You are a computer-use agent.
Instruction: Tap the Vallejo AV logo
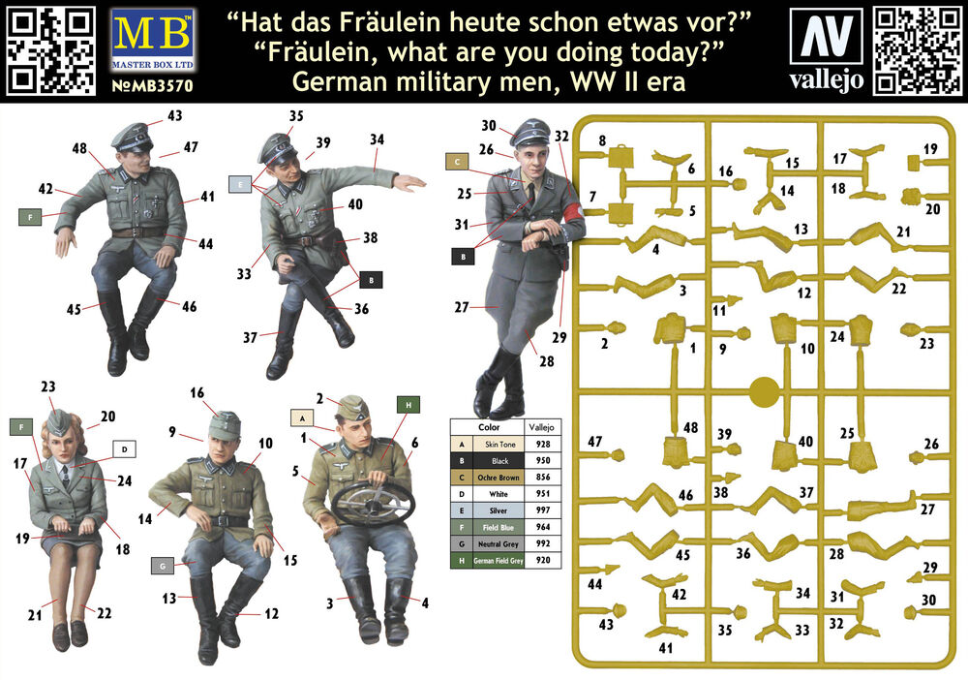(826, 37)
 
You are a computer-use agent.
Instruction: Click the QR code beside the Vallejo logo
(917, 51)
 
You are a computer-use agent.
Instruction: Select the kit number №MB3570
(153, 85)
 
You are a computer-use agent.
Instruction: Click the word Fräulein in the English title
(318, 52)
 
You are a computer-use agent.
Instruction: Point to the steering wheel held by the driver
(373, 501)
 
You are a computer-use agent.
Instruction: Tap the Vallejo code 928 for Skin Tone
(543, 444)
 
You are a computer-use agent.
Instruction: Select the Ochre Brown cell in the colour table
(499, 478)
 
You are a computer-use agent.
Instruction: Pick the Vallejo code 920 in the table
(543, 561)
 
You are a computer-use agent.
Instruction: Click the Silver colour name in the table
(499, 510)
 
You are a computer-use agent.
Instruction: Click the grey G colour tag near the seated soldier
(163, 565)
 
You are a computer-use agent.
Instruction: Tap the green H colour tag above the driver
(408, 405)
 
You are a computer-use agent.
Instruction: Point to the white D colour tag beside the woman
(125, 449)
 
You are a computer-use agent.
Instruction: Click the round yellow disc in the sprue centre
(765, 391)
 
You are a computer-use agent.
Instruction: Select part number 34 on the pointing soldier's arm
(378, 139)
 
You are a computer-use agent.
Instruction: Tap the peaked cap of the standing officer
(529, 131)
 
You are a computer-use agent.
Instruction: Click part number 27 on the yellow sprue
(927, 509)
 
